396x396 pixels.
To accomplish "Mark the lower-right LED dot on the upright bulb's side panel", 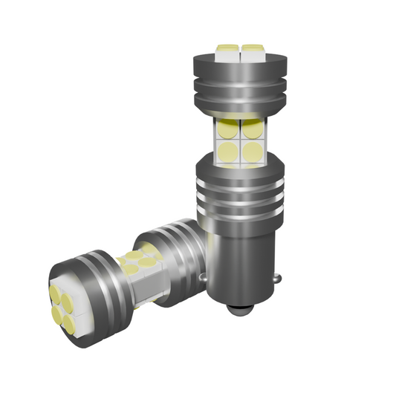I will click(253, 152).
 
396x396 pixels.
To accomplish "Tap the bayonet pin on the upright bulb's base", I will click(278, 279).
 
